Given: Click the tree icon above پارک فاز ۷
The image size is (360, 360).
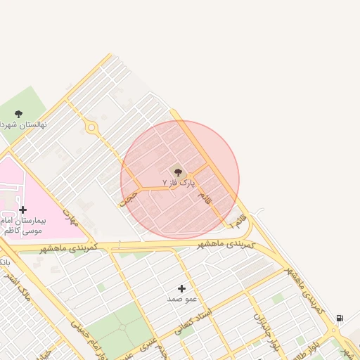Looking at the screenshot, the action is [x=177, y=171].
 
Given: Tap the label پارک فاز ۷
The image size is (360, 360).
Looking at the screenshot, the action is [x=177, y=182].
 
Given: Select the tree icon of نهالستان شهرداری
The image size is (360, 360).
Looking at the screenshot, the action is [x=18, y=114].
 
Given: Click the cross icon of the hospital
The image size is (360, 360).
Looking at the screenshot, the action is [x=23, y=210].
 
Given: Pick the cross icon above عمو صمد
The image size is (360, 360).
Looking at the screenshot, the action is [x=181, y=288].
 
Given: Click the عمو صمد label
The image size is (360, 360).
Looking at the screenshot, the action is [x=180, y=299].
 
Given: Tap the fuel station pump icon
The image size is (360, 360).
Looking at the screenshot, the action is [x=340, y=319].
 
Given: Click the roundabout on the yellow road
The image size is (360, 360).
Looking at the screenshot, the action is [x=91, y=128].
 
